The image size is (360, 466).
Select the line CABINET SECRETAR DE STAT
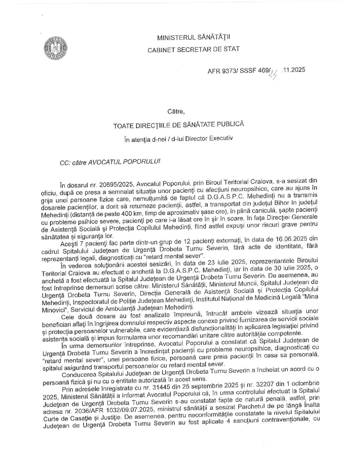coord(194,49)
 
